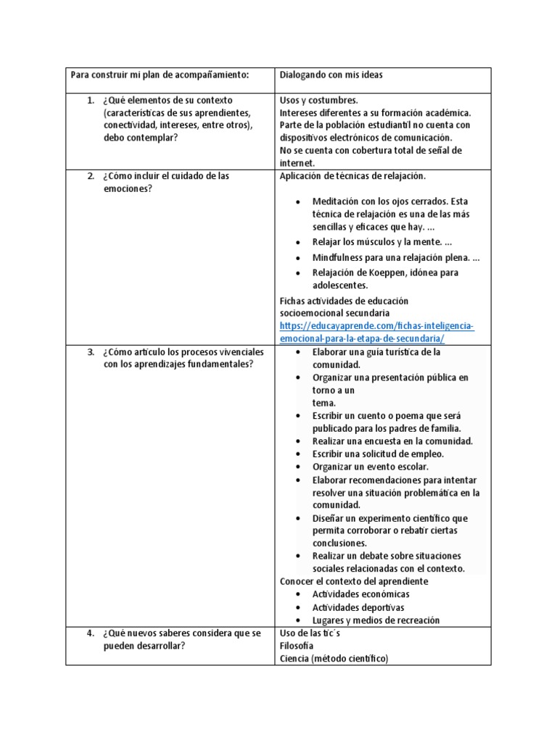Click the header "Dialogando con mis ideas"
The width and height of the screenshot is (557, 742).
point(331,75)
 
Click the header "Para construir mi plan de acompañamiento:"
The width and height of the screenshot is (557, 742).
point(159,75)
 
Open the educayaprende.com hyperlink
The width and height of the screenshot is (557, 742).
point(376,333)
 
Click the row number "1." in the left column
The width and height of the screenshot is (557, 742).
point(91,100)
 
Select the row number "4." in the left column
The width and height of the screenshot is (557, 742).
point(91,633)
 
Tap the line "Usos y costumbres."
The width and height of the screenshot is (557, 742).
point(318,100)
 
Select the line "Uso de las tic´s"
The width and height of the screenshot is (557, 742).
point(310,633)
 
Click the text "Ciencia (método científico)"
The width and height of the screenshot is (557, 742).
point(334,659)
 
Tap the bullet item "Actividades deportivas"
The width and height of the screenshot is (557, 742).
point(358,607)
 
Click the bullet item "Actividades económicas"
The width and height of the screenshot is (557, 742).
point(360,594)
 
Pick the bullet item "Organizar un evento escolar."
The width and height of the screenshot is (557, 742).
point(370,467)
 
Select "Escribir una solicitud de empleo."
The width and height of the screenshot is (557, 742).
point(378,454)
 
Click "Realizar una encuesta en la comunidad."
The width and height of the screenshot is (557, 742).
point(392,441)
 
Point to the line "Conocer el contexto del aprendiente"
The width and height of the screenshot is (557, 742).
point(354,581)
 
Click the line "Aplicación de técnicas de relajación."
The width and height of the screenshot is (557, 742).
point(353,176)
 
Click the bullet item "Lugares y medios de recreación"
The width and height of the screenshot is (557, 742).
point(376,620)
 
